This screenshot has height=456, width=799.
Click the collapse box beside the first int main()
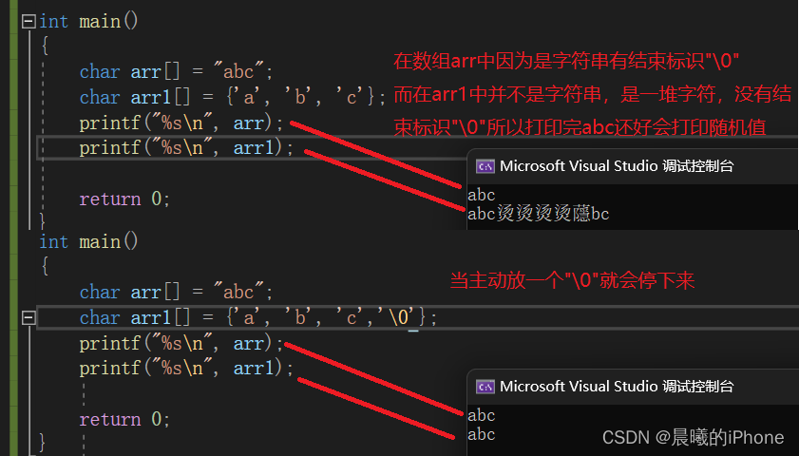(28, 20)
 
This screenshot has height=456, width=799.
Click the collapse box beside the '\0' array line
(28, 318)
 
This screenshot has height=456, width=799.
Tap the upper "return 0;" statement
(124, 199)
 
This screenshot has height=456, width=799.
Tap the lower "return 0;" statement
(124, 419)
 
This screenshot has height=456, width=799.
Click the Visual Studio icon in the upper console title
(485, 166)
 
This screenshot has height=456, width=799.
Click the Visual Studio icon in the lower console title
(485, 387)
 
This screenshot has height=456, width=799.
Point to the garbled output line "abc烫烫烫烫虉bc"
(539, 215)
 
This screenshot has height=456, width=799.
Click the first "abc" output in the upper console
(482, 196)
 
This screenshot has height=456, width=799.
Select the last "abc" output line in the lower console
(482, 435)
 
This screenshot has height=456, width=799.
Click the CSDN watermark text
(694, 437)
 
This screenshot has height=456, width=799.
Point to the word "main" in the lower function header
(100, 241)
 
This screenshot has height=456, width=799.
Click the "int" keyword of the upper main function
(54, 20)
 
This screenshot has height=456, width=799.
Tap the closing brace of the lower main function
(43, 442)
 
